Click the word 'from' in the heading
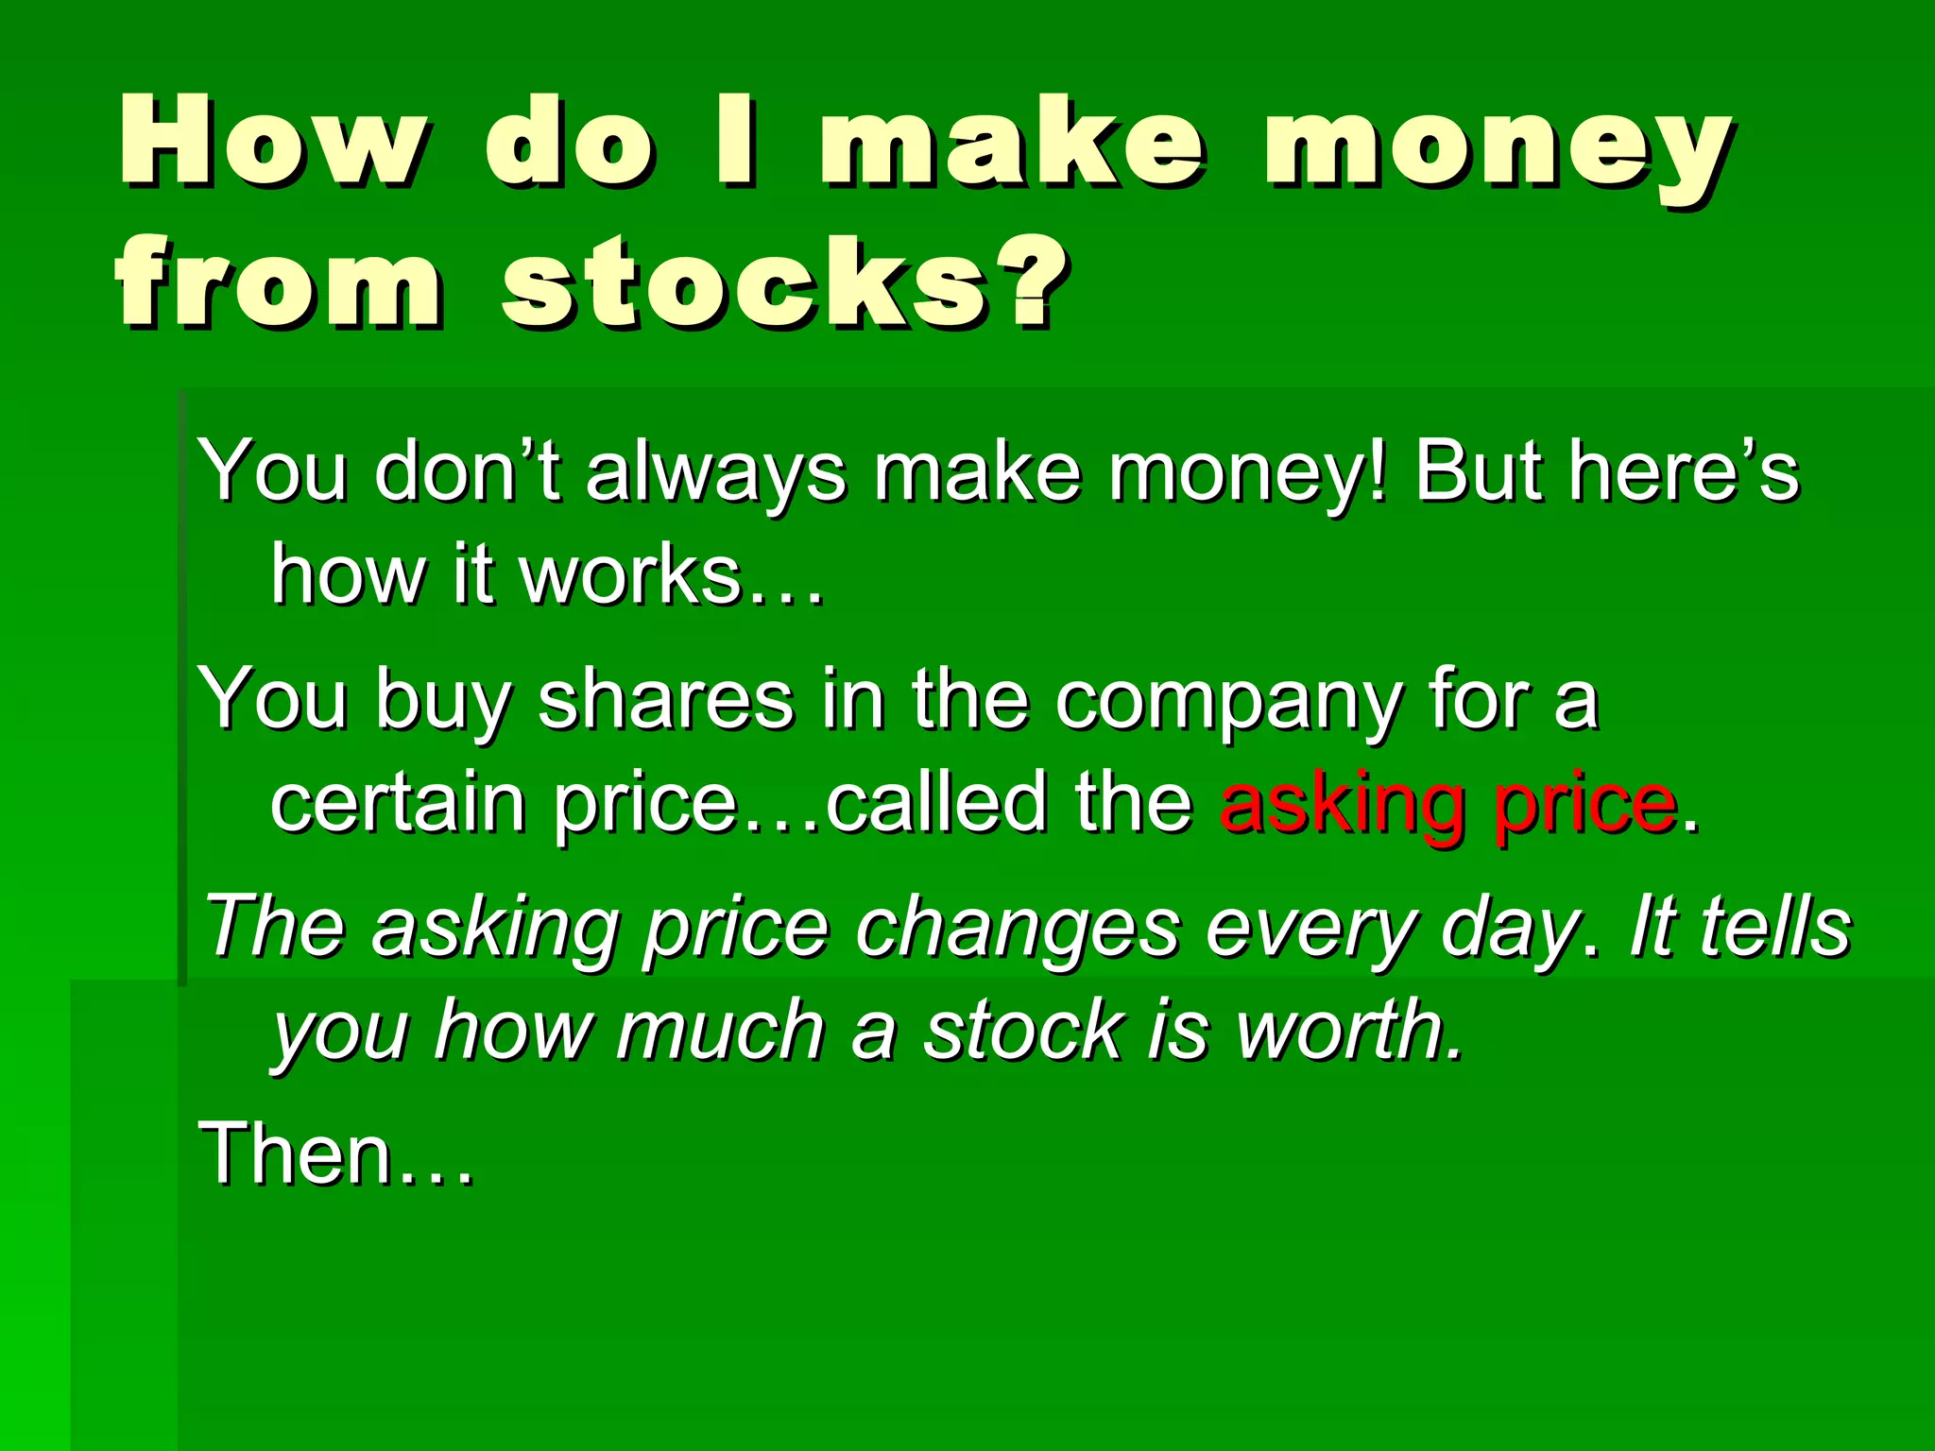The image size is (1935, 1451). click(x=279, y=283)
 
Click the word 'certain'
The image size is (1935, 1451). click(x=398, y=803)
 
